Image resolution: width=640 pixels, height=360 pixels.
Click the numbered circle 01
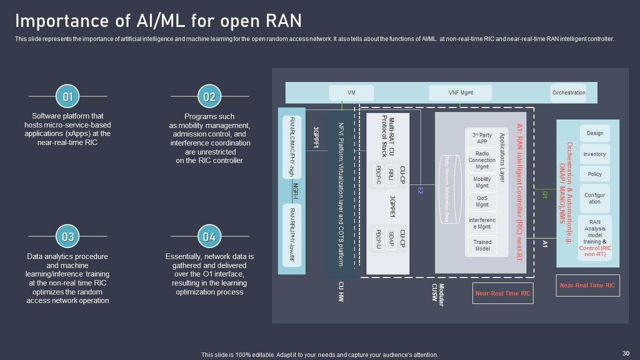tap(67, 96)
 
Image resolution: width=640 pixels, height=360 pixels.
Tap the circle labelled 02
tap(209, 96)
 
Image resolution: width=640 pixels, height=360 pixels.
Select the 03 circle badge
tap(67, 236)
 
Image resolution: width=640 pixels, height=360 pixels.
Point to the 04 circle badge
tap(209, 236)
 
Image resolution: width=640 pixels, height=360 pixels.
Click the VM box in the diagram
tap(351, 93)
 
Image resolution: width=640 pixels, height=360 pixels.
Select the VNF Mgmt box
tap(460, 93)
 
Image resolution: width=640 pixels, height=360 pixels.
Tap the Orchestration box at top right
tap(568, 93)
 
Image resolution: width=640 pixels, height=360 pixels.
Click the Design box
tap(595, 133)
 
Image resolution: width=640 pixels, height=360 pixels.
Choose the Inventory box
tap(595, 154)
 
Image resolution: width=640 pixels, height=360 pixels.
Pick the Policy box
tap(595, 174)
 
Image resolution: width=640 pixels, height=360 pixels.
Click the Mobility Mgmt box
tap(482, 182)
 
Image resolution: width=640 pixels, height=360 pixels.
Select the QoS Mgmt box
tap(482, 201)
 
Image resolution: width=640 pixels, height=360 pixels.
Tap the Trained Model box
tap(482, 245)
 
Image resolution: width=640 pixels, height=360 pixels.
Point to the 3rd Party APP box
tap(482, 138)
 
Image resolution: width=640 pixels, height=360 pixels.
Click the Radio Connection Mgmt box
tap(482, 160)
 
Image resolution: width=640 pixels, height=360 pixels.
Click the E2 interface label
tap(420, 190)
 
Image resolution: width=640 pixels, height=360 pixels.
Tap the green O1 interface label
tap(545, 194)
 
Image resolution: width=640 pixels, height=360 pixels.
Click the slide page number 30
tap(625, 353)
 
